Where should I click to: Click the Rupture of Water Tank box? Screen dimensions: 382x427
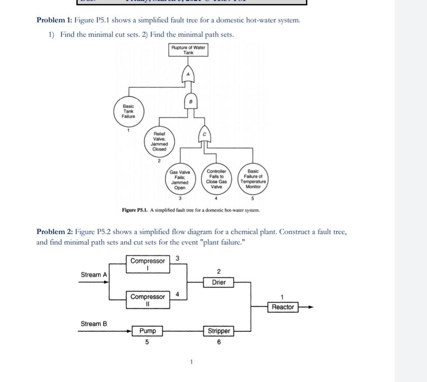[188, 50]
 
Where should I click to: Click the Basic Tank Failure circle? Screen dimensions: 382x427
[129, 111]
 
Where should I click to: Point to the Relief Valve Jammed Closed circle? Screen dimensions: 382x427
[159, 141]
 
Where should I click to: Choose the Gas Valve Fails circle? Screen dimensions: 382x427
[180, 180]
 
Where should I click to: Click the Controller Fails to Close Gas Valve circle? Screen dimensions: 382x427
[216, 179]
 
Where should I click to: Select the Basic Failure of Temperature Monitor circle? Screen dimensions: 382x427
[253, 179]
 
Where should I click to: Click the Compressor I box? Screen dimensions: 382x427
[148, 264]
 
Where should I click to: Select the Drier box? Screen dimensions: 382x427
[219, 283]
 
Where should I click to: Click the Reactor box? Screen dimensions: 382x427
[283, 307]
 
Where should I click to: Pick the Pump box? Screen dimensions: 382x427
[147, 331]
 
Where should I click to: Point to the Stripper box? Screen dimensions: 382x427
[219, 331]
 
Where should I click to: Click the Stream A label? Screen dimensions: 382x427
[93, 275]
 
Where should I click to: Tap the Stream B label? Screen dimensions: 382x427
[93, 324]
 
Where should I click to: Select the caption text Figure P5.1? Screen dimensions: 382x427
[135, 210]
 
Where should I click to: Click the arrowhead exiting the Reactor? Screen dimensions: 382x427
[310, 307]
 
